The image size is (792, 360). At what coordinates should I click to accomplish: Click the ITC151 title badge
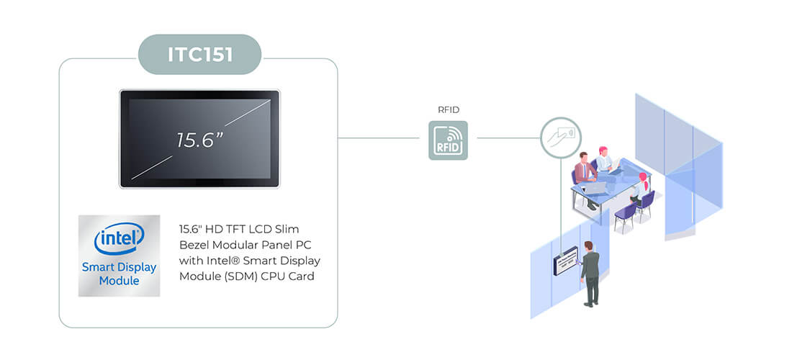(199, 55)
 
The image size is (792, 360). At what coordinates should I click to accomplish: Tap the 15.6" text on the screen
(200, 140)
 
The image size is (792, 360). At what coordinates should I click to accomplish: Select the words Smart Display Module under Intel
(120, 274)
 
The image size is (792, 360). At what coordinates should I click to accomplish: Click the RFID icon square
(448, 140)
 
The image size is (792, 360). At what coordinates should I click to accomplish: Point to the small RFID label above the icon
(449, 110)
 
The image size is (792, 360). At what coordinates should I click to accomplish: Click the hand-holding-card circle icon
(561, 138)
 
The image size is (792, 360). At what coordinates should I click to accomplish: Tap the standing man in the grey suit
(589, 273)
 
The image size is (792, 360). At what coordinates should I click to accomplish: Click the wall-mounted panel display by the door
(566, 260)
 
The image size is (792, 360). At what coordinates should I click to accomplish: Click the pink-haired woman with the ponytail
(641, 189)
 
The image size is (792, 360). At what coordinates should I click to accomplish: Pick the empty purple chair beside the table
(625, 216)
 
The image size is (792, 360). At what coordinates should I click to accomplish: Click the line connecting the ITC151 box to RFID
(378, 138)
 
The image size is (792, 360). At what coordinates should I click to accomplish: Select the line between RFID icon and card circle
(508, 138)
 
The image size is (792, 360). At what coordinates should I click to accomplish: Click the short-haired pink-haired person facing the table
(604, 160)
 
